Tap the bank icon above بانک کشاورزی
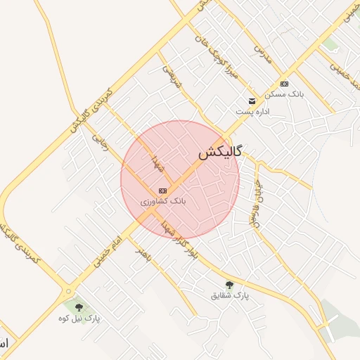pyautogui.click(x=163, y=191)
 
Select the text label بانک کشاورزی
pyautogui.click(x=163, y=201)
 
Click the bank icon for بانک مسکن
pyautogui.click(x=284, y=84)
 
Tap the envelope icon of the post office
pyautogui.click(x=252, y=101)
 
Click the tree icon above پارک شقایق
pyautogui.click(x=229, y=284)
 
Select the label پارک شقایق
pyautogui.click(x=231, y=295)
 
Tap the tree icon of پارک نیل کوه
pyautogui.click(x=78, y=307)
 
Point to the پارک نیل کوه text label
pyautogui.click(x=79, y=319)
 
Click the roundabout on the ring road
pyautogui.click(x=69, y=290)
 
